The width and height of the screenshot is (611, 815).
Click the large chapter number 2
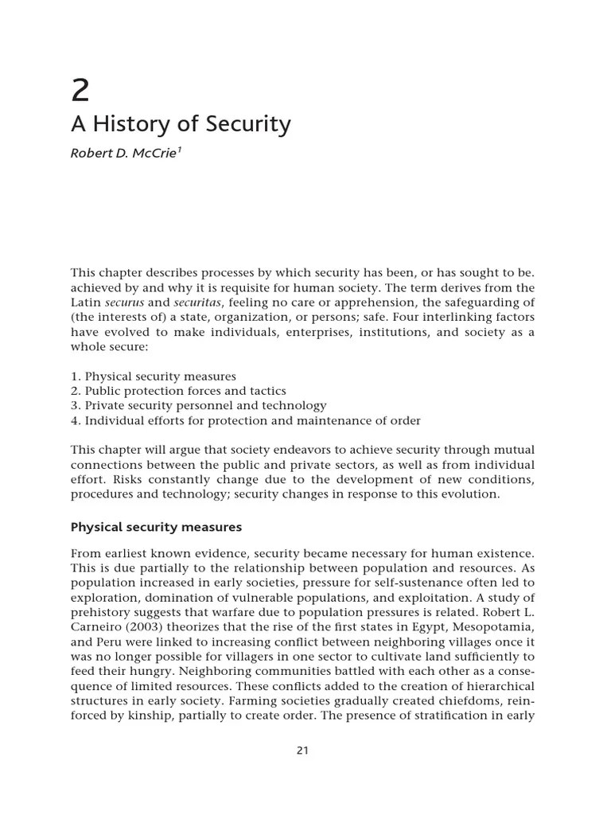80,91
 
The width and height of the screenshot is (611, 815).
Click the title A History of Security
181,125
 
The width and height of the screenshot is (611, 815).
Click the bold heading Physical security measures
156,527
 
